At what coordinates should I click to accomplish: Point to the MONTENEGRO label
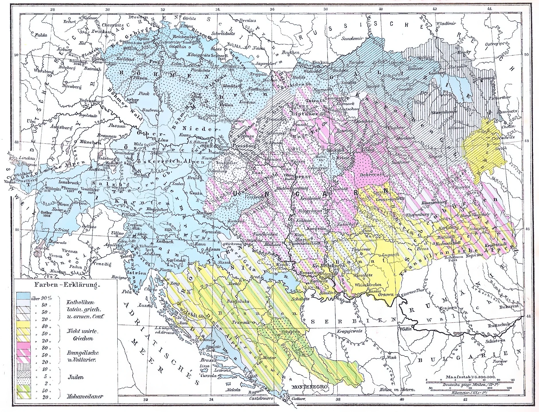click(x=310, y=387)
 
